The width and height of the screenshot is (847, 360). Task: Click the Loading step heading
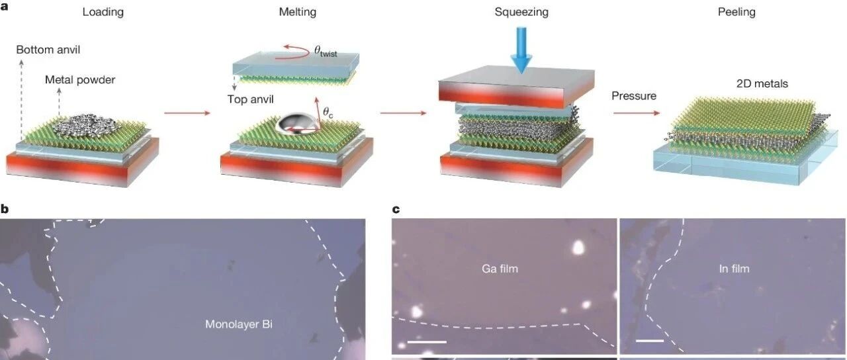click(x=103, y=12)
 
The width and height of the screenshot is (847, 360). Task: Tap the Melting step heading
click(x=298, y=12)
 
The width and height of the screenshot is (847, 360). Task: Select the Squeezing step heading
click(x=521, y=12)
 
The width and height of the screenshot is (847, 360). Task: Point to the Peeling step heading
click(x=736, y=12)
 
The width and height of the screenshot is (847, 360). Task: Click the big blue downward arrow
click(x=521, y=50)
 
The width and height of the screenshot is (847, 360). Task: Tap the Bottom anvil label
click(x=48, y=50)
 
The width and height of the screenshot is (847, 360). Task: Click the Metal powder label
click(x=80, y=80)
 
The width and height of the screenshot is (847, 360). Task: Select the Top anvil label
click(x=250, y=99)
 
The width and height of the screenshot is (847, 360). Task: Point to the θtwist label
click(x=326, y=51)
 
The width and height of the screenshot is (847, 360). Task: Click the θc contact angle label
click(x=328, y=112)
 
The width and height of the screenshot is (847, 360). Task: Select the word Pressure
click(x=634, y=96)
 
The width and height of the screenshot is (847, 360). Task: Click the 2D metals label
click(x=762, y=83)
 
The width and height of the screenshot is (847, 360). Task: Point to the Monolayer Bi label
click(x=239, y=324)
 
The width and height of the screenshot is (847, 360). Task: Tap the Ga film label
click(x=500, y=269)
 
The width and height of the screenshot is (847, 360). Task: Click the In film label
click(x=734, y=269)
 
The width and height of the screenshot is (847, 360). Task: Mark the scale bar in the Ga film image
click(x=427, y=342)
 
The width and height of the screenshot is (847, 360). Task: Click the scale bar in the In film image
click(x=650, y=341)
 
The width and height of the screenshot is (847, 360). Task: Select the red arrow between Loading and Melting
click(x=187, y=113)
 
